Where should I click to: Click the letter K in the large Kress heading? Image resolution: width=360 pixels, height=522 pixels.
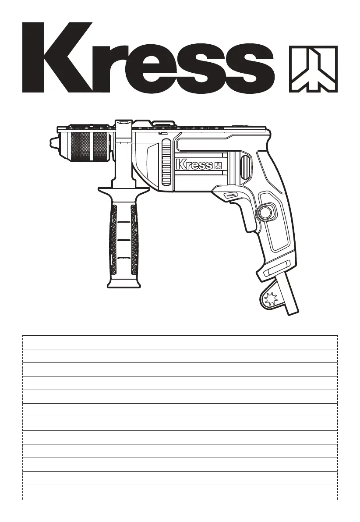(55, 57)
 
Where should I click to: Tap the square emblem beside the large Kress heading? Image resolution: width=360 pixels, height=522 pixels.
(313, 69)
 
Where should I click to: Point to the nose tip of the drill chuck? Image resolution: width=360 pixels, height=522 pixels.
(50, 142)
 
